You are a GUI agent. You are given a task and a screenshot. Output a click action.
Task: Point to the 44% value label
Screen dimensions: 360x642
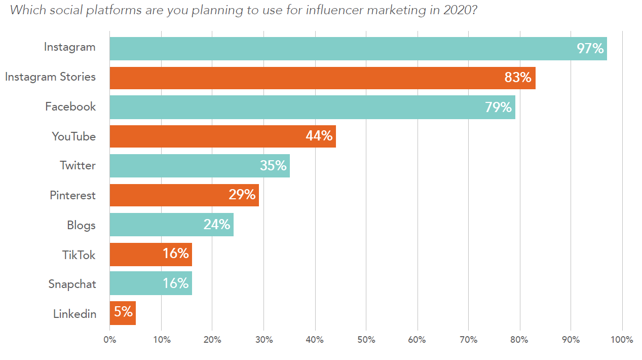[319, 136]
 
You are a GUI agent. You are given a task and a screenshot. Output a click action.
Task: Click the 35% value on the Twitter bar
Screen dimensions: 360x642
[273, 166]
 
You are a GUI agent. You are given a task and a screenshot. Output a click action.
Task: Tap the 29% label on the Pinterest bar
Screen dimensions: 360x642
[242, 195]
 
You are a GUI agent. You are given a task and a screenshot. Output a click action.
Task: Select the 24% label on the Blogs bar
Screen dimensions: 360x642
[217, 225]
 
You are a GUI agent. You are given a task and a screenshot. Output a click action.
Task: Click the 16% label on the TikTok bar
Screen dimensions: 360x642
[176, 254]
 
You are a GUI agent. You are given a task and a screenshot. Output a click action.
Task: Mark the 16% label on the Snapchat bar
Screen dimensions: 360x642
[176, 283]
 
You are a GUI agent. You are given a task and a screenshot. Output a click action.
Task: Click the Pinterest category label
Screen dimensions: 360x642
[72, 195]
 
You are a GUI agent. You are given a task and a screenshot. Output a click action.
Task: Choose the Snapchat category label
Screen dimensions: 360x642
[72, 284]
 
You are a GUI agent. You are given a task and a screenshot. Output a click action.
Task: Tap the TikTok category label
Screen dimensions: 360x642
[79, 255]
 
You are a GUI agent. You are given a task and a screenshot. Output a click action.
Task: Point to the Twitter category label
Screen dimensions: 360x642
[78, 166]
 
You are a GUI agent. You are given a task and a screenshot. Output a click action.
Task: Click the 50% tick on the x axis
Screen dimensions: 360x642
[366, 340]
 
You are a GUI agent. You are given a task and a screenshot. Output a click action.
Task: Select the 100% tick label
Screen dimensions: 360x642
[622, 340]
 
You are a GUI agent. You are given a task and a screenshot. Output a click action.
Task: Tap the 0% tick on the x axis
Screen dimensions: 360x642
[109, 340]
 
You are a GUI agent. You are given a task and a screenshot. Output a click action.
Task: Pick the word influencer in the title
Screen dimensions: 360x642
[338, 11]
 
